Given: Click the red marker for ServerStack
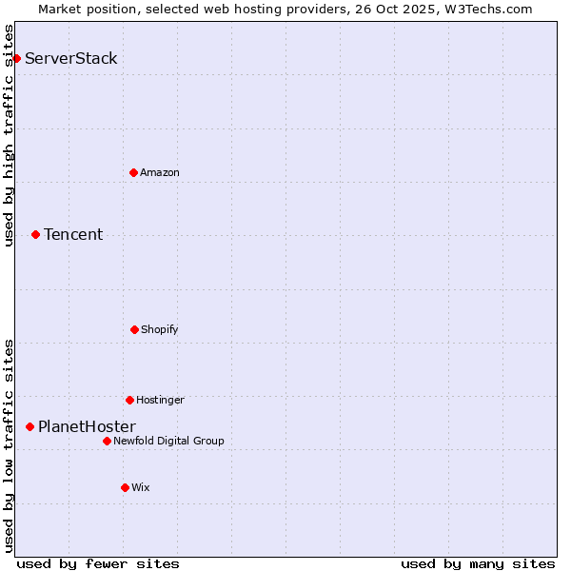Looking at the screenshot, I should coord(16,59).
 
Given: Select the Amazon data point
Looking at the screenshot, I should coord(133,172).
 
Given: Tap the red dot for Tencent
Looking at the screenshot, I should coord(35,234).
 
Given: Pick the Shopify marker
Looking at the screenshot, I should coord(134,329).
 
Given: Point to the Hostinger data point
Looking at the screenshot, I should coord(129,400).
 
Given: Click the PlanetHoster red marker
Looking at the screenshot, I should coord(30,427).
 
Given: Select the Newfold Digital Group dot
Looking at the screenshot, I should coord(107,441).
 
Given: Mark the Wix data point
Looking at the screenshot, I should coord(125,487).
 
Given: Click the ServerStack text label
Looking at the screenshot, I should coord(71,59).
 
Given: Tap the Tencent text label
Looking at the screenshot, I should coord(73,234).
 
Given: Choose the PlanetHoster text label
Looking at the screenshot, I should coord(87,427).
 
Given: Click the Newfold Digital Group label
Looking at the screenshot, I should coord(168,441).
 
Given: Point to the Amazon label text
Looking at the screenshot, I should coord(160,172).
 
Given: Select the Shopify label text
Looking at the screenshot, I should coord(160,329).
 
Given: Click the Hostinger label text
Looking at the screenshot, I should coord(160,400).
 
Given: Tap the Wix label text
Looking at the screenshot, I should coord(141,487).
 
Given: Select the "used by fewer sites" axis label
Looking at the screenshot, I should coord(98,563).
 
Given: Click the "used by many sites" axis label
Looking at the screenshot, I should coord(478,563).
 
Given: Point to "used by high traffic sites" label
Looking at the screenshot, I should coord(9,135).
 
